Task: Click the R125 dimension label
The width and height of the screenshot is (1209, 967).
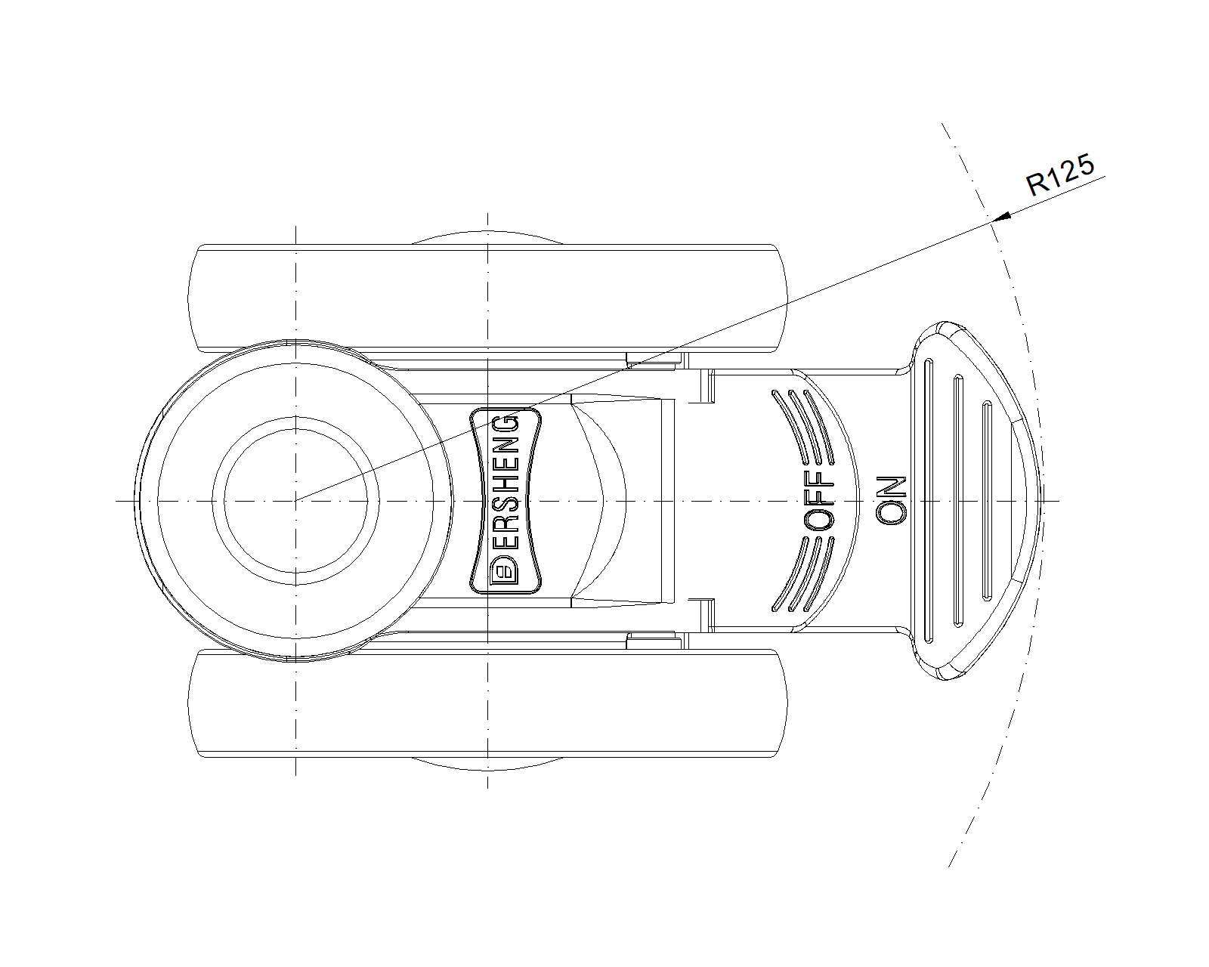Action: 1060,175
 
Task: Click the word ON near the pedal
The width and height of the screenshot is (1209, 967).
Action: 892,500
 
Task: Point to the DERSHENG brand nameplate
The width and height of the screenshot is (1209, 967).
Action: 506,500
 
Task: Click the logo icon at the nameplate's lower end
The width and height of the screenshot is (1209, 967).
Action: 505,571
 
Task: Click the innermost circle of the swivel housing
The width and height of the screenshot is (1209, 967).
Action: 295,501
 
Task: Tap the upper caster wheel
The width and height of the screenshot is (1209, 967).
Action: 487,298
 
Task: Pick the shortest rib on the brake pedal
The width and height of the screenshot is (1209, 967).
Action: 987,500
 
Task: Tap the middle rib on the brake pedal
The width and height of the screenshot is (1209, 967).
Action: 958,500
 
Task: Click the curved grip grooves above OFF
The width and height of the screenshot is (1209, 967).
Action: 802,427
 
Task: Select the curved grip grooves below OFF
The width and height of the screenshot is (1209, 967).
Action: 802,574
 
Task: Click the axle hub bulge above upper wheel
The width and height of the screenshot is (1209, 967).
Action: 487,237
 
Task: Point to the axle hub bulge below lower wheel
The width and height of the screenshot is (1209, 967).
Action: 487,764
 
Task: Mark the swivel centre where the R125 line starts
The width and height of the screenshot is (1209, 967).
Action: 295,500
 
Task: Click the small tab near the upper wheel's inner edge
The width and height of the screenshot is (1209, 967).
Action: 654,358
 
